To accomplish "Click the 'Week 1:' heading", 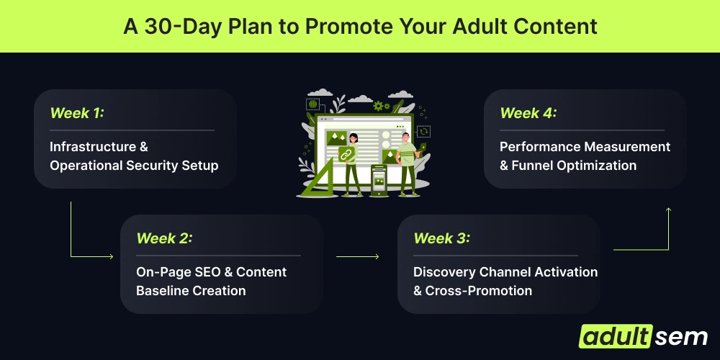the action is point(77,113).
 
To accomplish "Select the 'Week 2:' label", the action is point(164,238).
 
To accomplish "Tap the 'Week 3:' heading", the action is point(441,238).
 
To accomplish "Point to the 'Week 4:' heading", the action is point(528,113).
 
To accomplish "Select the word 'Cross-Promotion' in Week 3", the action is point(479,291).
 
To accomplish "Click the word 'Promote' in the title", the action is point(349,26).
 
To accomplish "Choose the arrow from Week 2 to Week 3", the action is point(358,257).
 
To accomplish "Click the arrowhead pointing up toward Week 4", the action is point(669,210).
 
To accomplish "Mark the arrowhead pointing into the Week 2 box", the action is point(111,257).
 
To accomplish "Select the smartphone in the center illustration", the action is point(379,181).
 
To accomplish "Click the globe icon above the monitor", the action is point(312,104).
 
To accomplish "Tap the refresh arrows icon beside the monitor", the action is point(423,131).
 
